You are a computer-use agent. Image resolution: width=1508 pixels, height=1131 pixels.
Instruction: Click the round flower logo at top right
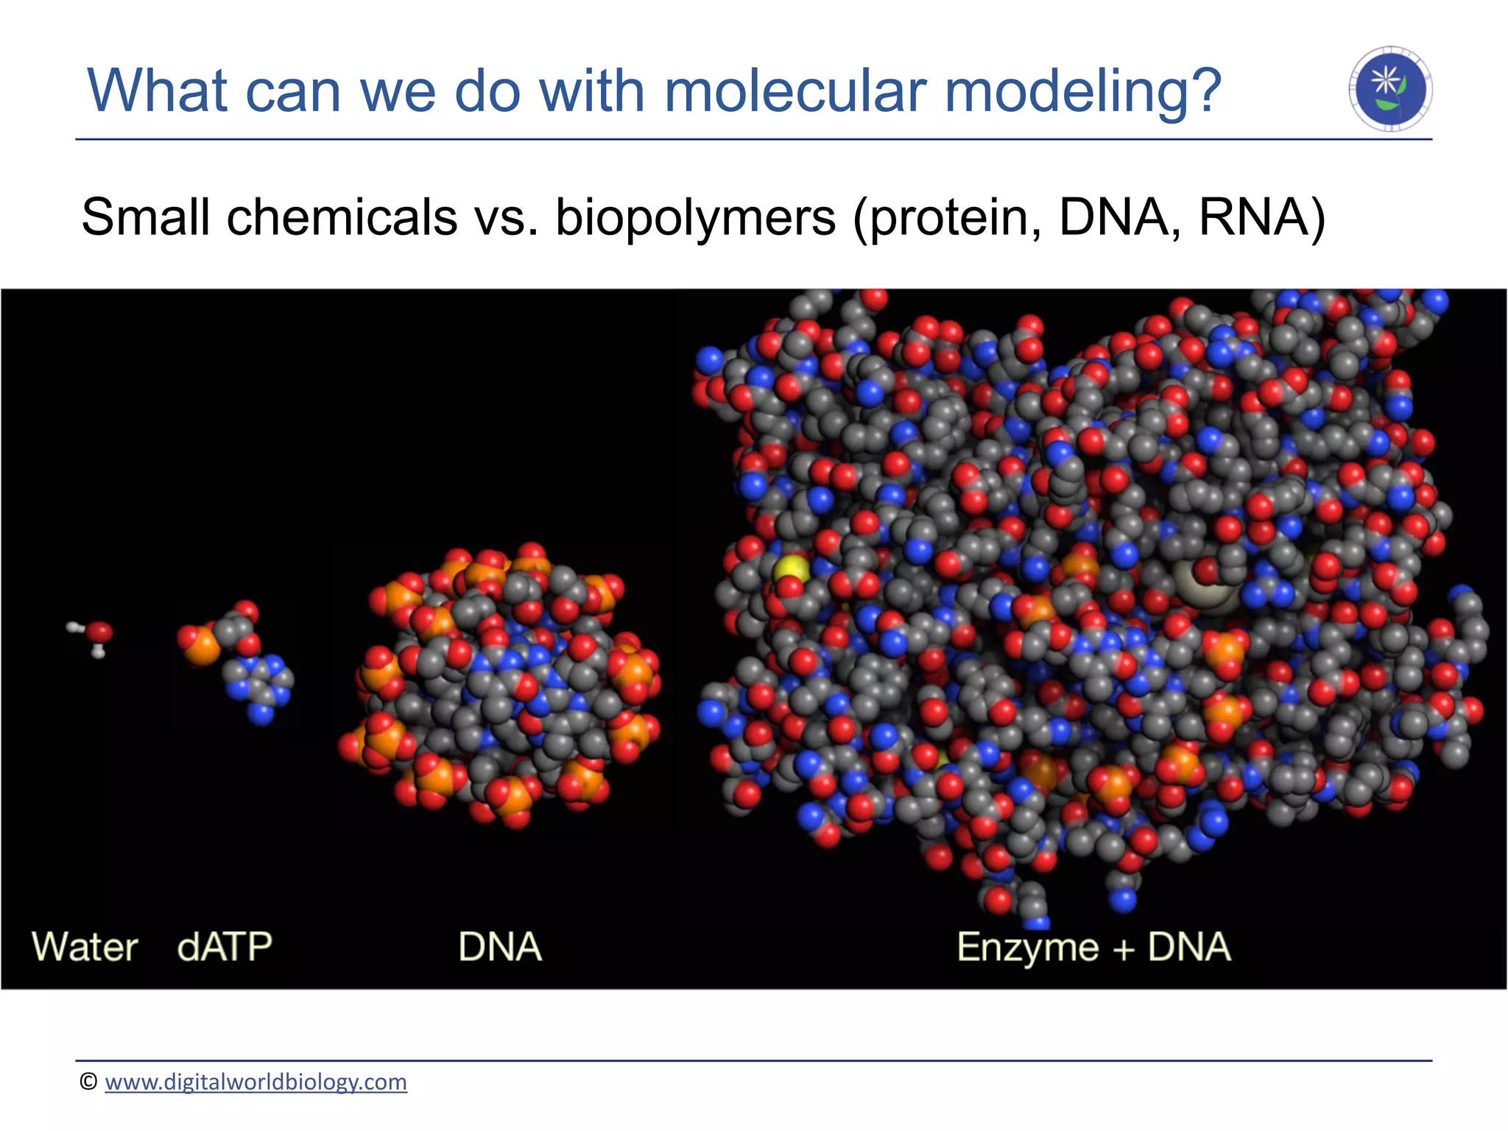[x=1390, y=89]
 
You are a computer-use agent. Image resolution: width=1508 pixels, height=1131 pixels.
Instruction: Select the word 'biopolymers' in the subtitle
[x=696, y=218]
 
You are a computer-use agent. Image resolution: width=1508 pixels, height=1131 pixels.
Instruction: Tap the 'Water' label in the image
[x=85, y=947]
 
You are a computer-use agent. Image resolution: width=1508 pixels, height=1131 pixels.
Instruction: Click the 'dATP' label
[x=225, y=947]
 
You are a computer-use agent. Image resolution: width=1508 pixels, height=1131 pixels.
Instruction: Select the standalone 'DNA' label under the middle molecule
[x=500, y=947]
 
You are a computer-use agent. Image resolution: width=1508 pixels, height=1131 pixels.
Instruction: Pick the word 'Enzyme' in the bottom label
[x=1027, y=948]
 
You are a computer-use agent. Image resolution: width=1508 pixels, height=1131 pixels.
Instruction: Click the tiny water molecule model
[x=92, y=635]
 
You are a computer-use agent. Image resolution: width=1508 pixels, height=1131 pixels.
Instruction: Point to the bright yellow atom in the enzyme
[x=791, y=568]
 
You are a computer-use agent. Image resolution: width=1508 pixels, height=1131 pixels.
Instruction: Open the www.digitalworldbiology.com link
[x=256, y=1082]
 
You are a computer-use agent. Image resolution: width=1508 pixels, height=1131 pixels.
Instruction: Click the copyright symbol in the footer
[x=88, y=1082]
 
